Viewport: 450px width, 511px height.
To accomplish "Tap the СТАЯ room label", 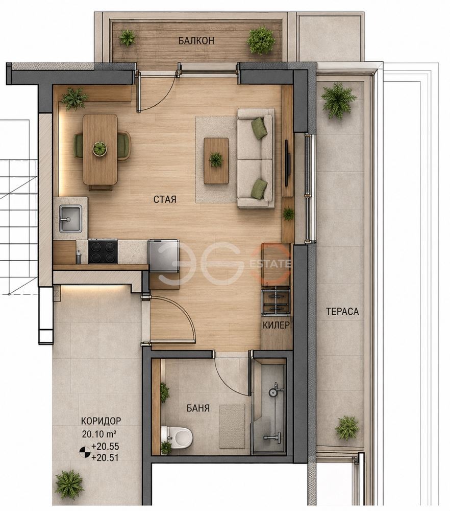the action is coord(165,199).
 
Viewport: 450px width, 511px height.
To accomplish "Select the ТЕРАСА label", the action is coord(342,312).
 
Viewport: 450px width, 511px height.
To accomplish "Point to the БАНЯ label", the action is coord(198,408).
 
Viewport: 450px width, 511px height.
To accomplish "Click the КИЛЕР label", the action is coord(276,325).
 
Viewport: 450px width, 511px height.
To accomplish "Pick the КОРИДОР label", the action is coord(101,421).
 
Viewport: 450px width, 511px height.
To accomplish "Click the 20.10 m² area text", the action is coord(99,434).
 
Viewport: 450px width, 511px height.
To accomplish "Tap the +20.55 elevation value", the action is coord(106,446).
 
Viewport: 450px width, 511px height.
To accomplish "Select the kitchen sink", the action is coord(70,218).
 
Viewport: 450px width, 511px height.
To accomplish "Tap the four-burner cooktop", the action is coord(103,251).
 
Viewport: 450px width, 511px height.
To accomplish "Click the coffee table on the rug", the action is coord(216,160).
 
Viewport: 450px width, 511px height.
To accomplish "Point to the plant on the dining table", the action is coord(100,148).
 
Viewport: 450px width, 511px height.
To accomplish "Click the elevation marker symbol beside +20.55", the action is coord(85,452).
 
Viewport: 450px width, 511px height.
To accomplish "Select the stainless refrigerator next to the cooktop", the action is coord(163,256).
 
